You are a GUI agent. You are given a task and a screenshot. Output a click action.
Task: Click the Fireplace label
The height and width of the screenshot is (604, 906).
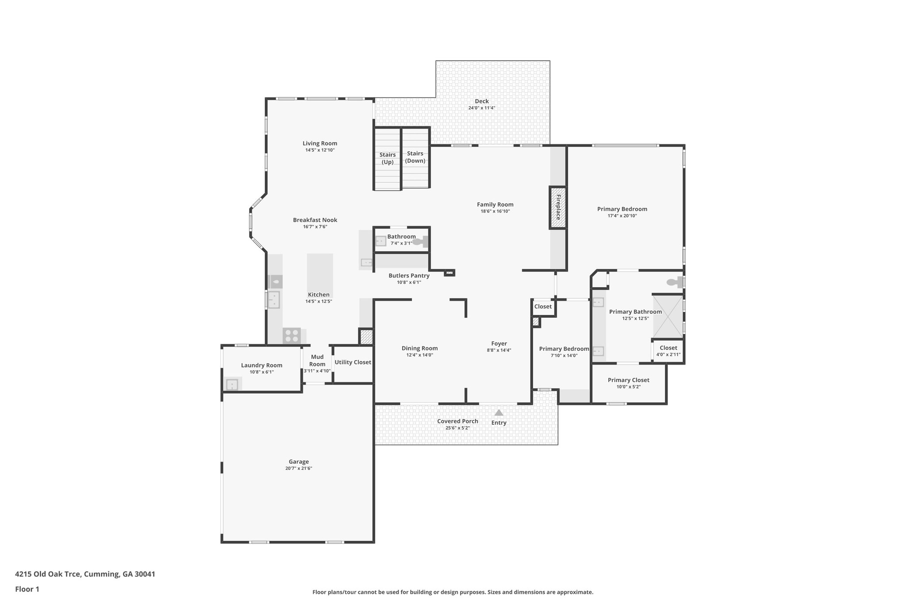click(558, 207)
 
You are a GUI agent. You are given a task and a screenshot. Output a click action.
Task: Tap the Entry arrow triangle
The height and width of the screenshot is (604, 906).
click(499, 413)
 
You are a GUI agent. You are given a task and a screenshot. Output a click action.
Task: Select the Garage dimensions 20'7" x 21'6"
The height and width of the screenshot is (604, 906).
click(299, 468)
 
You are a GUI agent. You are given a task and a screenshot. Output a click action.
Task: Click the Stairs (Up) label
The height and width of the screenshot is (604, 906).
click(388, 158)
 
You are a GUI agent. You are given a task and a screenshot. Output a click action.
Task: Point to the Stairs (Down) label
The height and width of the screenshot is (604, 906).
click(415, 157)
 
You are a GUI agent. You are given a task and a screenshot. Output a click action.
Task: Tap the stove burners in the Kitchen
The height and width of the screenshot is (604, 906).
click(292, 335)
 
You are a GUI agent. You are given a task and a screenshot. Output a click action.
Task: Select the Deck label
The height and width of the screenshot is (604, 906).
click(482, 101)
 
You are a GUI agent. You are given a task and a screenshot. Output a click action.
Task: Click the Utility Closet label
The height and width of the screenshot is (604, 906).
click(353, 362)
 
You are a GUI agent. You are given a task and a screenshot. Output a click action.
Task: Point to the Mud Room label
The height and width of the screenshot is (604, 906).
click(317, 360)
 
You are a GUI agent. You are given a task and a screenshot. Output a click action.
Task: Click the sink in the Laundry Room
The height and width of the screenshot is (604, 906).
click(232, 385)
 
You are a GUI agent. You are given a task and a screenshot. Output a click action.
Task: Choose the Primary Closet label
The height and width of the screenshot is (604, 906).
click(628, 380)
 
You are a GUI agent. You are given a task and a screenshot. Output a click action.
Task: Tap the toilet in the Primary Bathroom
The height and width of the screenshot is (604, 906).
click(674, 281)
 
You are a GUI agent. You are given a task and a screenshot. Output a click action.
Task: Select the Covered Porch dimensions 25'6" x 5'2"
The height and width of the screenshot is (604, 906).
click(457, 428)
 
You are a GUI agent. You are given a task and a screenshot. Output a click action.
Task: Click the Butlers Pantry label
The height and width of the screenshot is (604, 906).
click(409, 275)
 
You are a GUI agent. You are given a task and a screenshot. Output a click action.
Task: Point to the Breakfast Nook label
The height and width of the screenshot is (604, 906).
click(315, 220)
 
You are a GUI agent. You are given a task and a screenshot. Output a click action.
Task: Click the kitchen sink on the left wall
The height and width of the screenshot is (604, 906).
click(274, 300)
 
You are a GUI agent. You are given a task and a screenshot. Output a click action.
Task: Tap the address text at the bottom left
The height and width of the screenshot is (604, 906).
click(85, 574)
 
